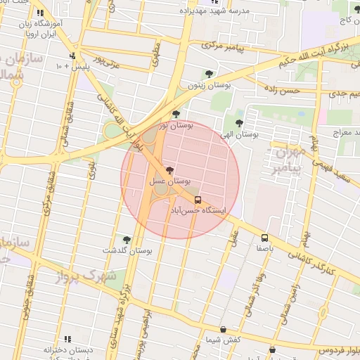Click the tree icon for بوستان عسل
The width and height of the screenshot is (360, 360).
pyautogui.click(x=169, y=170)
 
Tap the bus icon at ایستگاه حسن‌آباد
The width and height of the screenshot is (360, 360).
pyautogui.click(x=198, y=200)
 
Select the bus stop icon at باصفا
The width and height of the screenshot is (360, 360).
pyautogui.click(x=264, y=238)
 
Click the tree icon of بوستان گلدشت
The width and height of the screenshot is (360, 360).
pyautogui.click(x=127, y=240)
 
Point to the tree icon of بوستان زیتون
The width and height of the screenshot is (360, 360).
pyautogui.click(x=209, y=73)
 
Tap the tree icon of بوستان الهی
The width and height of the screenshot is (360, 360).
pyautogui.click(x=239, y=122)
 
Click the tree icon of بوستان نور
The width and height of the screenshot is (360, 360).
pyautogui.click(x=176, y=114)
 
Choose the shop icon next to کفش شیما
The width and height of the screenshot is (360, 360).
pyautogui.click(x=223, y=329)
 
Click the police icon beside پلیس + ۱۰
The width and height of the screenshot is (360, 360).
pyautogui.click(x=72, y=56)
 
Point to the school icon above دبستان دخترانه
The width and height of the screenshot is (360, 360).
pyautogui.click(x=68, y=339)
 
